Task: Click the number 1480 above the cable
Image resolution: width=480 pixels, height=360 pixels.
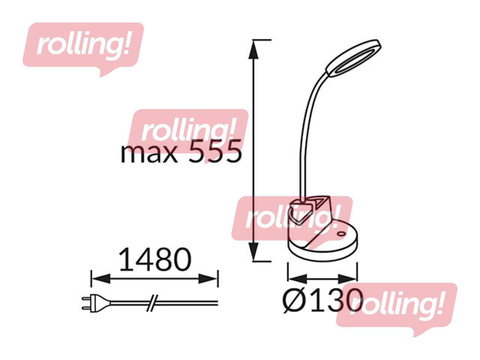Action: (155, 259)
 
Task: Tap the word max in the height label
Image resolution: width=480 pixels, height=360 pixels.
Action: (149, 153)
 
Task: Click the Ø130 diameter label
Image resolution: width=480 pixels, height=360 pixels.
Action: (322, 300)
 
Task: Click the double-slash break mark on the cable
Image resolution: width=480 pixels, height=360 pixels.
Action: (152, 303)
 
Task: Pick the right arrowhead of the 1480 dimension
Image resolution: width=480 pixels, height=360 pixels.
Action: (208, 279)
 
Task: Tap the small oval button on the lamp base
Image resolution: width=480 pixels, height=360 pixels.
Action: (341, 234)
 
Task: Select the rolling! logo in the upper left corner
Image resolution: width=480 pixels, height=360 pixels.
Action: (83, 46)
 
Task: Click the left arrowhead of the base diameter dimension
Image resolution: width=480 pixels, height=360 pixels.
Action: (297, 279)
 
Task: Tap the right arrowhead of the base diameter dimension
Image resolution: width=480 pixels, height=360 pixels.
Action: (347, 279)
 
